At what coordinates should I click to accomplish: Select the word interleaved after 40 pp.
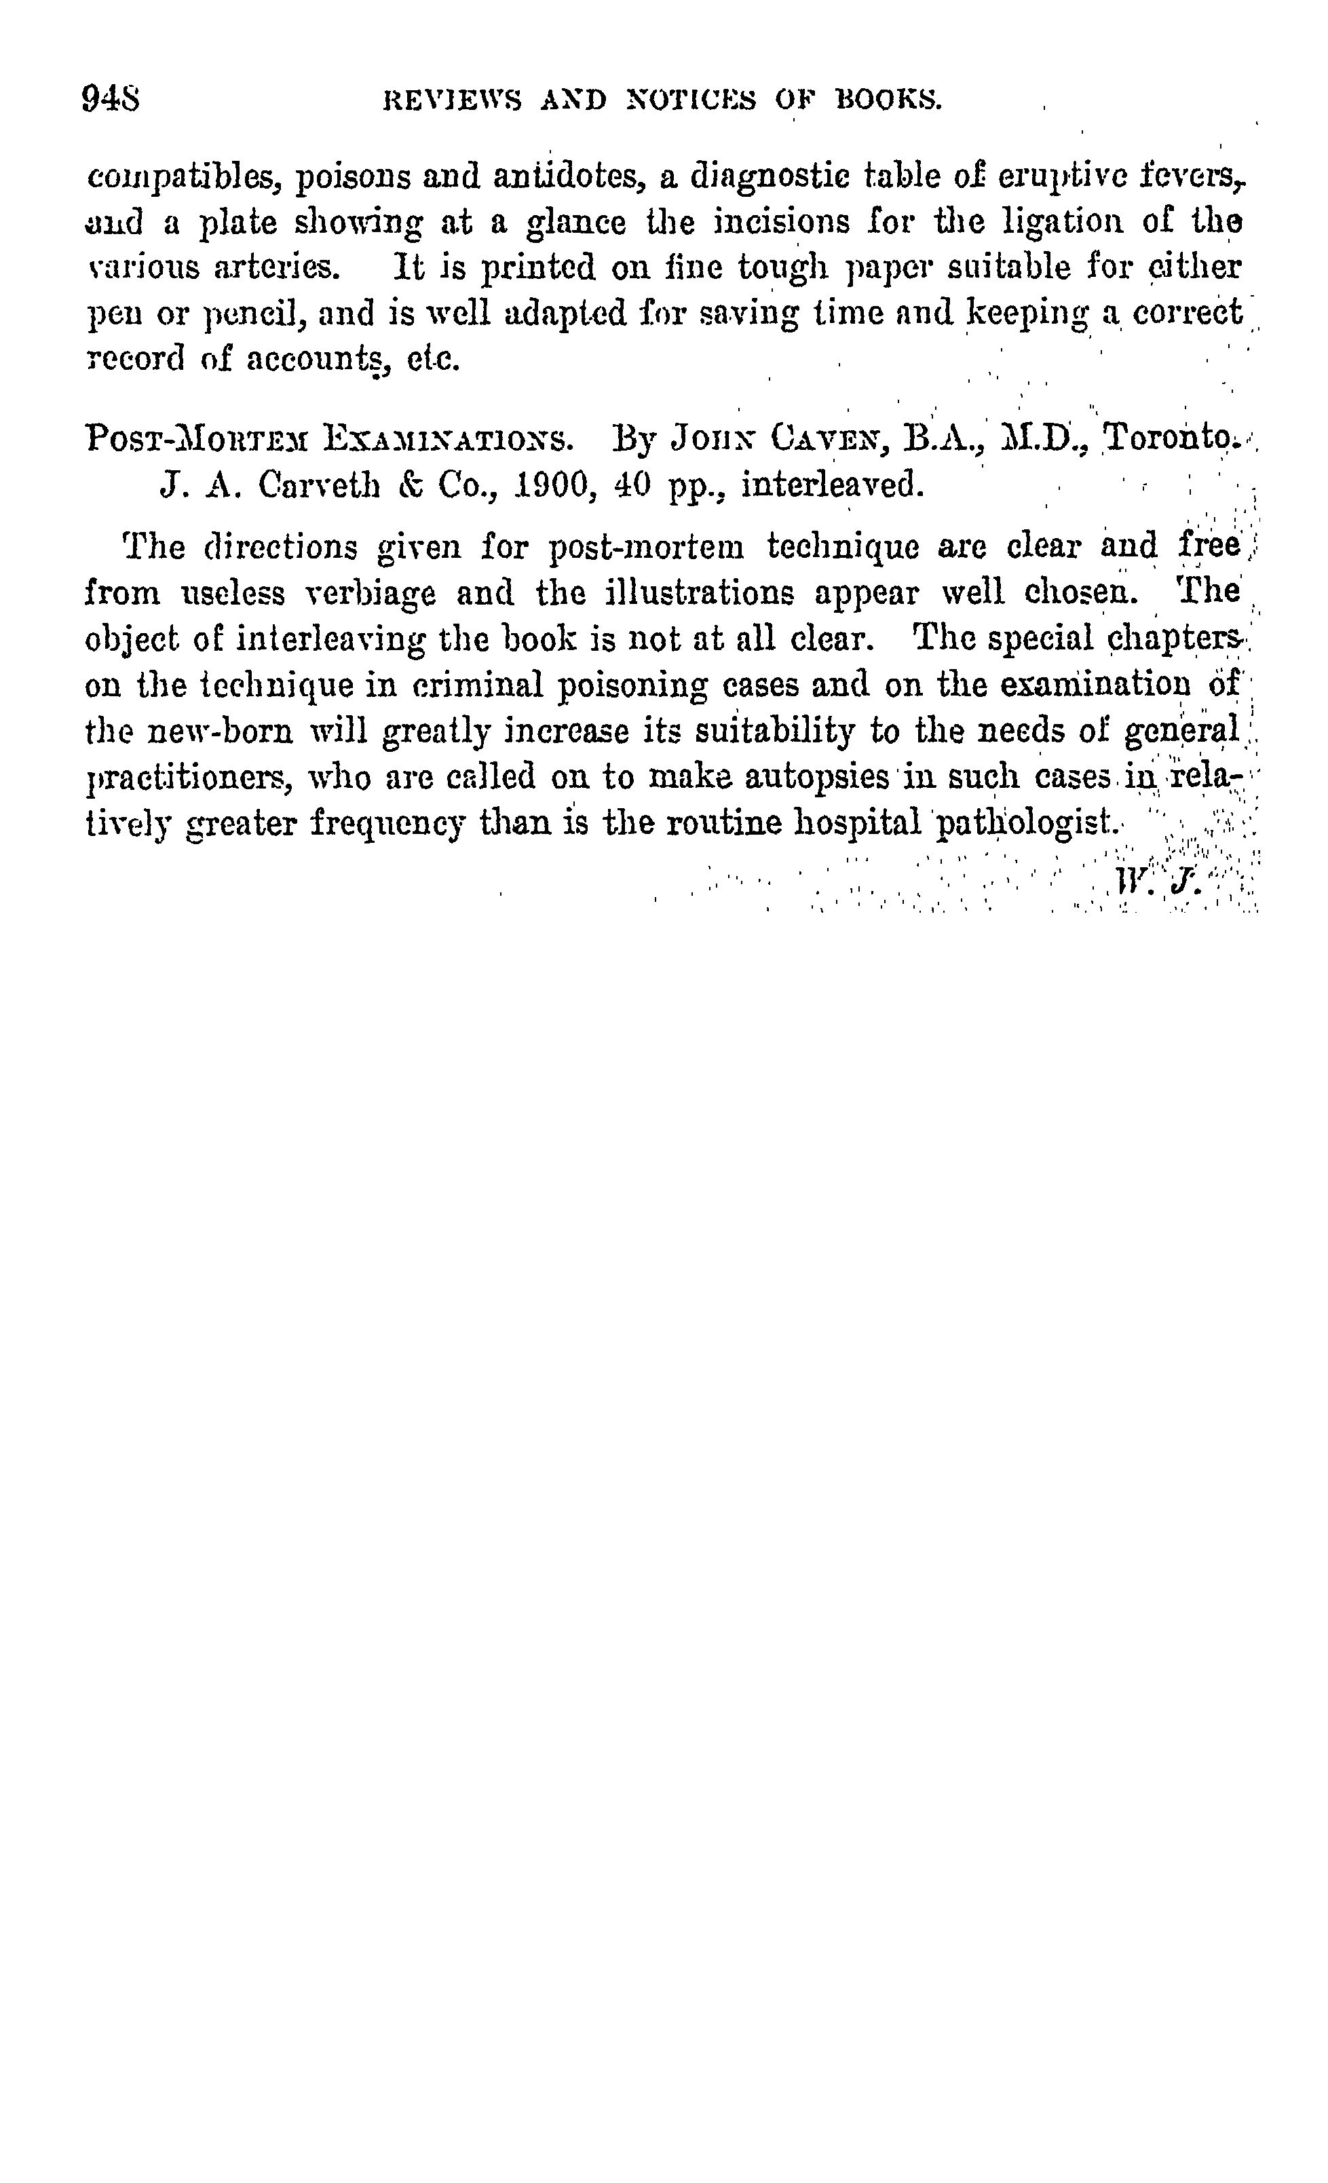(x=831, y=485)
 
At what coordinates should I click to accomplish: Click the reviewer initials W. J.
(x=1157, y=881)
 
